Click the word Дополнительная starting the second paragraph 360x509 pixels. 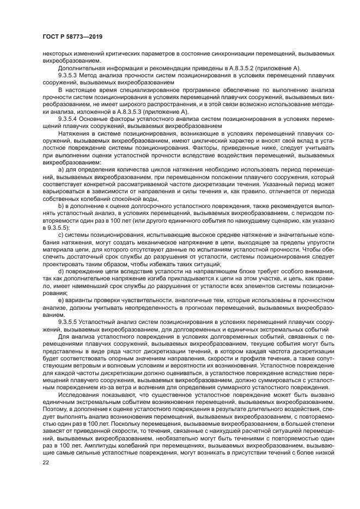pyautogui.click(x=79, y=68)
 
